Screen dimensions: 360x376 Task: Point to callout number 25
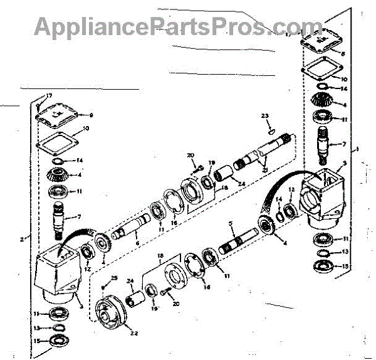[113, 278]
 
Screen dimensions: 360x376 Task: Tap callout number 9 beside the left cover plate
[91, 115]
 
